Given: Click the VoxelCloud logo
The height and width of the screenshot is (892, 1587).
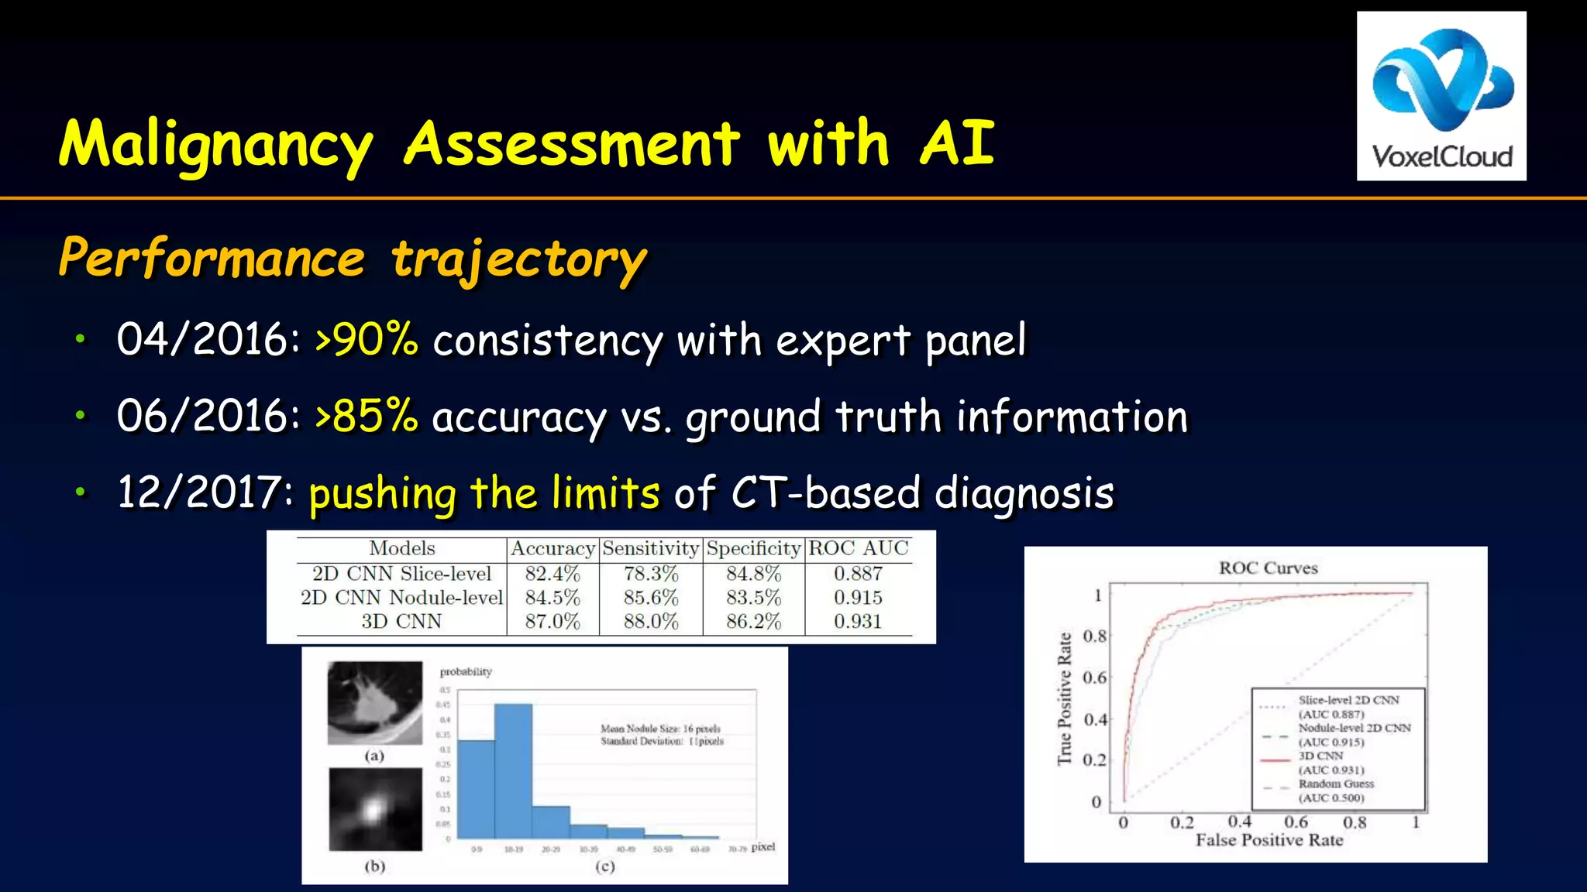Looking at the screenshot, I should point(1441,96).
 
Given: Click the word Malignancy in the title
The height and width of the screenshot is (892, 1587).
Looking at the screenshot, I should point(216,145).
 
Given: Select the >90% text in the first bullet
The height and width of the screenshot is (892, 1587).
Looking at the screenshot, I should point(367,340).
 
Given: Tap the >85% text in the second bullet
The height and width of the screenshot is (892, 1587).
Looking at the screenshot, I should point(367,417).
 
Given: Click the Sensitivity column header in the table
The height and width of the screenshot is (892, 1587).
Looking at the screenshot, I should point(650,548).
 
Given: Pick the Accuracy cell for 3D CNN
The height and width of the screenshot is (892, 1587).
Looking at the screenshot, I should point(552,622).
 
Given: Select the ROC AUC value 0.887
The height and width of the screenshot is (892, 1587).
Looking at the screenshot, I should point(858,574).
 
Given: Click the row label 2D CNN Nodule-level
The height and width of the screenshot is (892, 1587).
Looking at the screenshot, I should point(401,598).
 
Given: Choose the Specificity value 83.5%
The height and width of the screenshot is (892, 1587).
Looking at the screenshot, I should point(753,598).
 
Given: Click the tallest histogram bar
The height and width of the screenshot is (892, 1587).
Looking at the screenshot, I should point(513,770).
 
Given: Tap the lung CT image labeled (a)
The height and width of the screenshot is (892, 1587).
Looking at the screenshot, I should point(375,702).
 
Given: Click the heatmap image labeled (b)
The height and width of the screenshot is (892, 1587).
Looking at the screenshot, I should point(375,809).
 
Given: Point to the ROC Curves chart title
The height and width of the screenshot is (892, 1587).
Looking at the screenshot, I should point(1268,568).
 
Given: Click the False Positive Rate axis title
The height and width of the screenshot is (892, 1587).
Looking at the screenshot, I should point(1269,840).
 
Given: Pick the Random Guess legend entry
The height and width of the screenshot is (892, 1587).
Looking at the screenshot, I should point(1336,784).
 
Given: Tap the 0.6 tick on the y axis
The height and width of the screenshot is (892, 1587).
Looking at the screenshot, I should point(1094,678).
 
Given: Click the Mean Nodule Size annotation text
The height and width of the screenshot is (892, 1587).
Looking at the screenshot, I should point(660,729).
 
